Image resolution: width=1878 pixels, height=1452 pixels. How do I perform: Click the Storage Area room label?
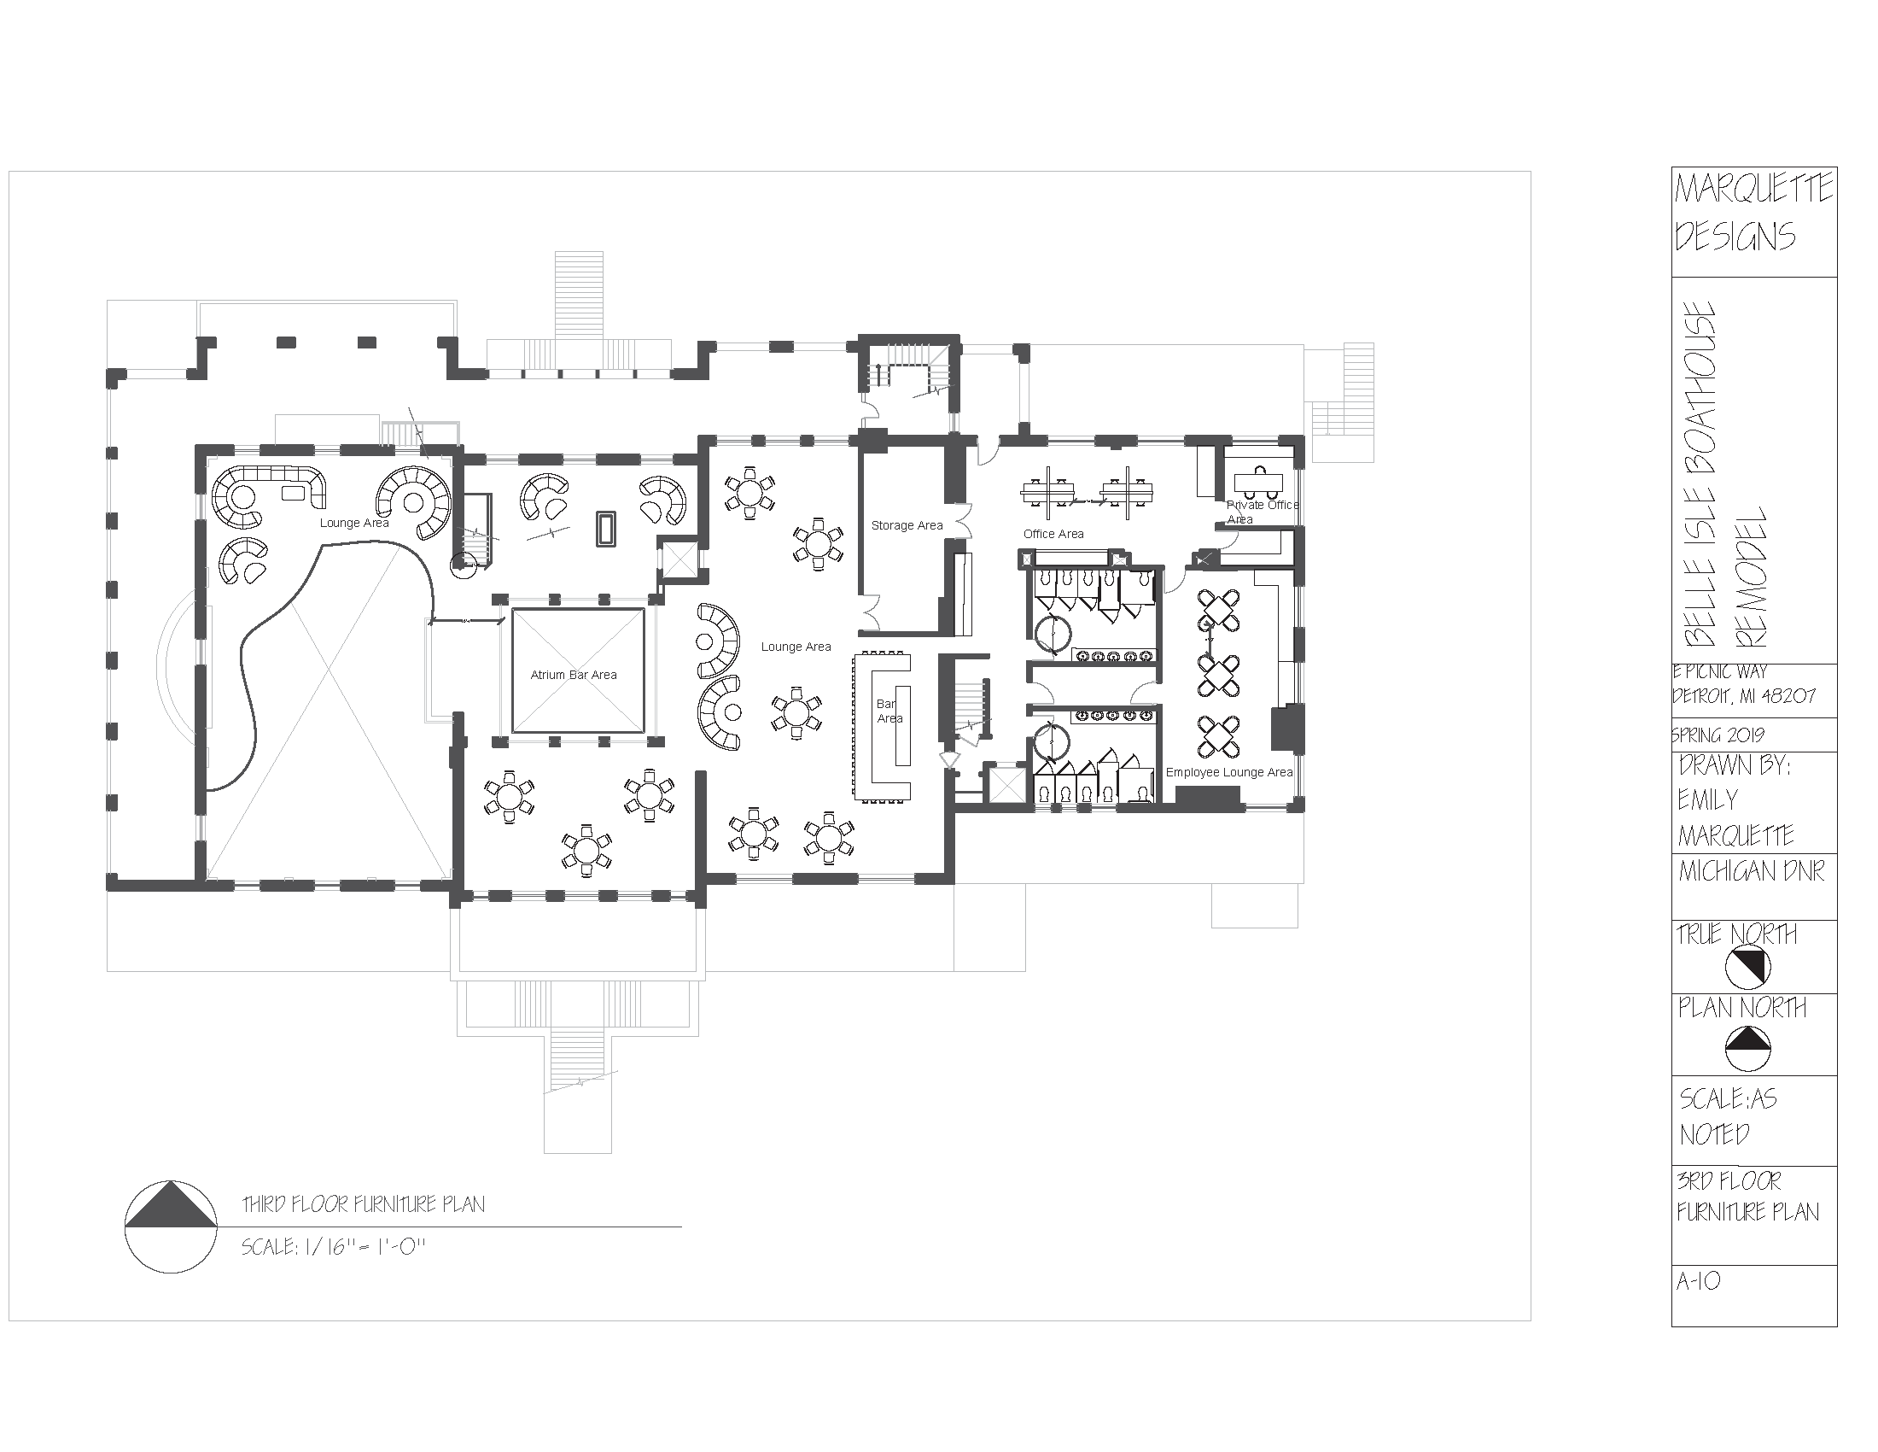click(x=907, y=525)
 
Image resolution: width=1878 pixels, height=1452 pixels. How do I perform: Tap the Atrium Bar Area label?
click(x=574, y=676)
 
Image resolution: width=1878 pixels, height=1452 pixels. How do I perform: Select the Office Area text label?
click(x=1053, y=534)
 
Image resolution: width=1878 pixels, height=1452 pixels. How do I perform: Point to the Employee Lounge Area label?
click(x=1228, y=772)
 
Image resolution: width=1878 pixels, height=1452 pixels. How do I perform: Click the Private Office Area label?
click(x=1261, y=512)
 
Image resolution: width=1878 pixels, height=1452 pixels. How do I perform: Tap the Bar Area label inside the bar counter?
click(x=889, y=711)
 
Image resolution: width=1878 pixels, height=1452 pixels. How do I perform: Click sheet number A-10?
click(x=1698, y=1307)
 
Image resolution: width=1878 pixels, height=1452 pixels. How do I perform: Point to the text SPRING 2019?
click(x=1719, y=735)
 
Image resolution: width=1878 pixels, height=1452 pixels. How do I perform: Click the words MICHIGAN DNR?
click(x=1751, y=872)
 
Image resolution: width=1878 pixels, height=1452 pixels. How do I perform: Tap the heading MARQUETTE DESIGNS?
click(x=1753, y=213)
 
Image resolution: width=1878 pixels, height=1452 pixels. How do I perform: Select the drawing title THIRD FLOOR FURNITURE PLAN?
click(x=364, y=1205)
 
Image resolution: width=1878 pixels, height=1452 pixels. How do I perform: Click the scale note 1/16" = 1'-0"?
click(x=335, y=1247)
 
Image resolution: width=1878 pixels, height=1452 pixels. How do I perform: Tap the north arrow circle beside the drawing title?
click(x=170, y=1227)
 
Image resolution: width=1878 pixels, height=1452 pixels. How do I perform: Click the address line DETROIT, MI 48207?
click(x=1744, y=696)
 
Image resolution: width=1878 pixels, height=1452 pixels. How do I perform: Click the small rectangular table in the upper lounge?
click(x=606, y=528)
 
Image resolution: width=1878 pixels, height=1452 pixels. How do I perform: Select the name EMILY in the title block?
click(x=1708, y=800)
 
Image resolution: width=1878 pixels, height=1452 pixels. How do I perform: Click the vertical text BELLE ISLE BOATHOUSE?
click(x=1700, y=475)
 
